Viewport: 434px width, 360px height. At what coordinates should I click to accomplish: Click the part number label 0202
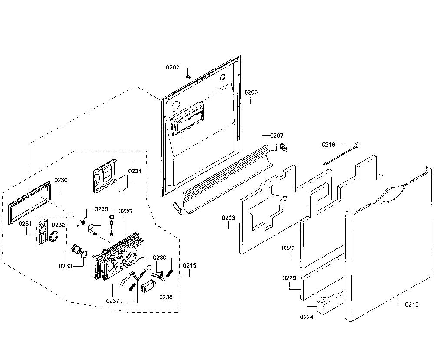coord(173,67)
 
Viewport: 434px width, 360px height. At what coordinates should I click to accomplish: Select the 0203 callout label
coord(251,92)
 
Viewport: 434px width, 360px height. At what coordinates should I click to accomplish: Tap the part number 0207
coord(277,135)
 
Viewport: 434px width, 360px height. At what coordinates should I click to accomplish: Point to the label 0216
coord(329,144)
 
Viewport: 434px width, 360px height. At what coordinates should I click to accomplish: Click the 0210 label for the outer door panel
coord(412,304)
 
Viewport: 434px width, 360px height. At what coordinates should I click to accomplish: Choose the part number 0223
coord(228,218)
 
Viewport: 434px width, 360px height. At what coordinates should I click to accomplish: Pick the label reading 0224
coord(307,317)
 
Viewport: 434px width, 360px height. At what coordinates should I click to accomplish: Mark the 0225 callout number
coord(289,278)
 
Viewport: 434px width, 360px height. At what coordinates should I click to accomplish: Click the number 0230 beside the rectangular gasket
coord(61,180)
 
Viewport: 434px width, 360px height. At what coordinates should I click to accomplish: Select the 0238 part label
coord(166,297)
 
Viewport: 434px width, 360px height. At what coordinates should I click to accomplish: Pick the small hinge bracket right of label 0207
coord(284,147)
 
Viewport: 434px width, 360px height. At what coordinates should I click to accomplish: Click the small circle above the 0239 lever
coord(149,267)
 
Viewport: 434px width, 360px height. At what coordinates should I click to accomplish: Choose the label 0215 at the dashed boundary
coord(190,265)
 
